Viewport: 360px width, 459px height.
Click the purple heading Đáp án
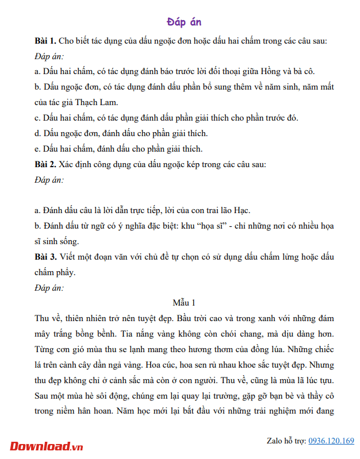click(x=184, y=22)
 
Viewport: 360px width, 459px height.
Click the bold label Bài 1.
click(x=45, y=41)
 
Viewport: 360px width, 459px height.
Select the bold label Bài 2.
click(x=45, y=164)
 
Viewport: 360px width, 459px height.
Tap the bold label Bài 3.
click(x=45, y=256)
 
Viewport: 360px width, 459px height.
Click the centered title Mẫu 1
click(x=184, y=302)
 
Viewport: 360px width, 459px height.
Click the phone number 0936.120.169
click(x=331, y=441)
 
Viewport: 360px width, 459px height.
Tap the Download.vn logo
click(x=47, y=446)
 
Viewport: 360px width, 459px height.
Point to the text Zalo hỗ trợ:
click(x=286, y=441)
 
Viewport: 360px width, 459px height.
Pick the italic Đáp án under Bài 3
click(x=49, y=287)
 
